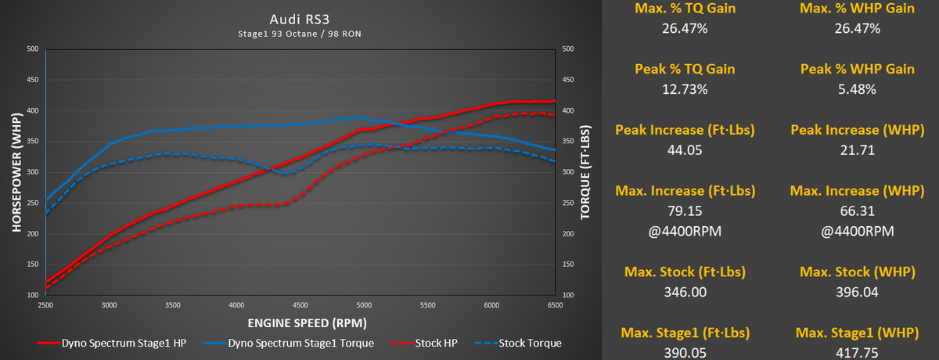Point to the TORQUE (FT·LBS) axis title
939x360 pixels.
(x=585, y=171)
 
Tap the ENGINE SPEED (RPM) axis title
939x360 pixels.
(x=300, y=322)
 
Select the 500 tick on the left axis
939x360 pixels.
(x=32, y=49)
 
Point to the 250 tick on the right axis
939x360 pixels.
(x=568, y=203)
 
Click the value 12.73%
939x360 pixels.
(x=675, y=88)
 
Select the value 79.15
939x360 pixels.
(x=675, y=211)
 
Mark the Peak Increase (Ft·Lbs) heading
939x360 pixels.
(x=675, y=130)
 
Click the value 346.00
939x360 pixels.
(x=675, y=292)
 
